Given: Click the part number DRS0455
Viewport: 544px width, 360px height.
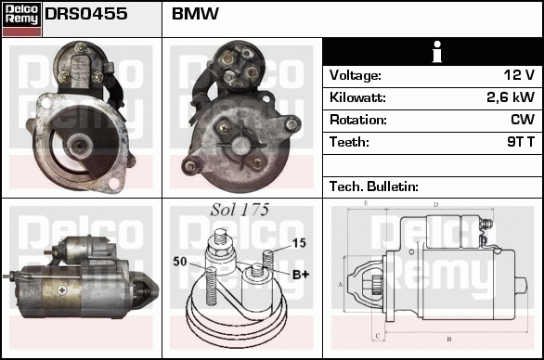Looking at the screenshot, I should tap(86, 14).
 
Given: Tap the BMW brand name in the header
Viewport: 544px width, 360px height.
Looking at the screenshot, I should tap(196, 14).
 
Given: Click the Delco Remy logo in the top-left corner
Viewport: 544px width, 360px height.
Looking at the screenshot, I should tap(21, 18).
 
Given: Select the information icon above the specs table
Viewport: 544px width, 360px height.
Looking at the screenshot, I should tap(432, 52).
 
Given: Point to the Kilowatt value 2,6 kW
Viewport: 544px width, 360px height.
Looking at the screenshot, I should tap(510, 97).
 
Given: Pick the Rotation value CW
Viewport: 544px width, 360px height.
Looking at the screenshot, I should tap(523, 120).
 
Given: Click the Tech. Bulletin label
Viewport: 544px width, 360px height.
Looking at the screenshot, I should tap(374, 186).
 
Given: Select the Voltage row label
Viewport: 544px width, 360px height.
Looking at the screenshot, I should tap(356, 75).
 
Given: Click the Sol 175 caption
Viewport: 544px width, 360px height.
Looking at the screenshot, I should tap(240, 211).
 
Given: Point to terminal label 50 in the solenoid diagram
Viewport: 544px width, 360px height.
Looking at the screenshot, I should tap(180, 262).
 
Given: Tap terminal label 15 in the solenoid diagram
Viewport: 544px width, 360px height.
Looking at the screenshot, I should tap(299, 243).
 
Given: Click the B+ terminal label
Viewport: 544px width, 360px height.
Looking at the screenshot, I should tap(301, 275).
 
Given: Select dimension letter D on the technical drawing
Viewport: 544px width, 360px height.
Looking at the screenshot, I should tap(435, 204).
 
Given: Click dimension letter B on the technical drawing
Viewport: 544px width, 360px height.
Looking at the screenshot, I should tap(449, 340).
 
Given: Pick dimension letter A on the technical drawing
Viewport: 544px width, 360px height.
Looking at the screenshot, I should tap(341, 284).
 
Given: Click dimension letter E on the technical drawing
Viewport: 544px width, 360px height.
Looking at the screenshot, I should tap(367, 202).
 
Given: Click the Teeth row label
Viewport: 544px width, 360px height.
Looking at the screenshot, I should tap(349, 142).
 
